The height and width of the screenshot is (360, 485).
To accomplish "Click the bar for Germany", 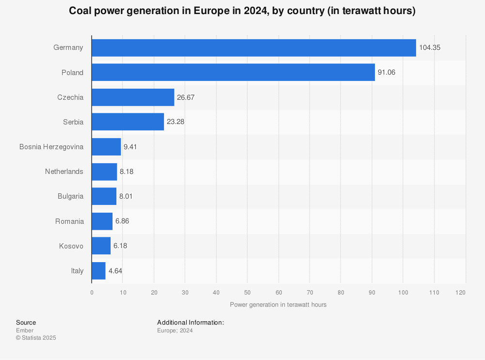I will click(x=254, y=47).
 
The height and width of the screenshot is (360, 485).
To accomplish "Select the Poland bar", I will click(x=233, y=73).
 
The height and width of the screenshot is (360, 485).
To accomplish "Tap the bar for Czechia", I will click(x=133, y=97).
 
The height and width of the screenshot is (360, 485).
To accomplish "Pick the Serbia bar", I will click(x=128, y=122).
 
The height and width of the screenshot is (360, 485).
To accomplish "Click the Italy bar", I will click(x=98, y=271).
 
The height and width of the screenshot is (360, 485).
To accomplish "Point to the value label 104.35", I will click(x=430, y=47).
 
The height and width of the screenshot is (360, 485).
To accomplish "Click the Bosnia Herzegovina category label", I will click(x=51, y=147).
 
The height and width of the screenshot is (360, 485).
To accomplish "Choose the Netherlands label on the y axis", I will click(x=64, y=172).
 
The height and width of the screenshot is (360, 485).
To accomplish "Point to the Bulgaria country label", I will click(x=70, y=196).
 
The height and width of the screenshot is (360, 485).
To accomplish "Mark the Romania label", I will click(x=69, y=221).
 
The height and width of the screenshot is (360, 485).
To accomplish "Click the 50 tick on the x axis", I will click(x=247, y=293).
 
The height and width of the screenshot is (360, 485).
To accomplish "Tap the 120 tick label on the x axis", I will click(x=461, y=293).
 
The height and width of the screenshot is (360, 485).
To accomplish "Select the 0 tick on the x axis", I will click(x=92, y=293).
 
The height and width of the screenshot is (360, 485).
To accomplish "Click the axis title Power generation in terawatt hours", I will click(x=278, y=305).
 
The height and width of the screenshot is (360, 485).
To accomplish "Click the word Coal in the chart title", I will click(x=79, y=11).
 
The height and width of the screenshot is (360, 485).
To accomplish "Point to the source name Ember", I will click(x=25, y=330).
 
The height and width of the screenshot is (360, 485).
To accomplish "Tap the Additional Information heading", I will click(x=190, y=322).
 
